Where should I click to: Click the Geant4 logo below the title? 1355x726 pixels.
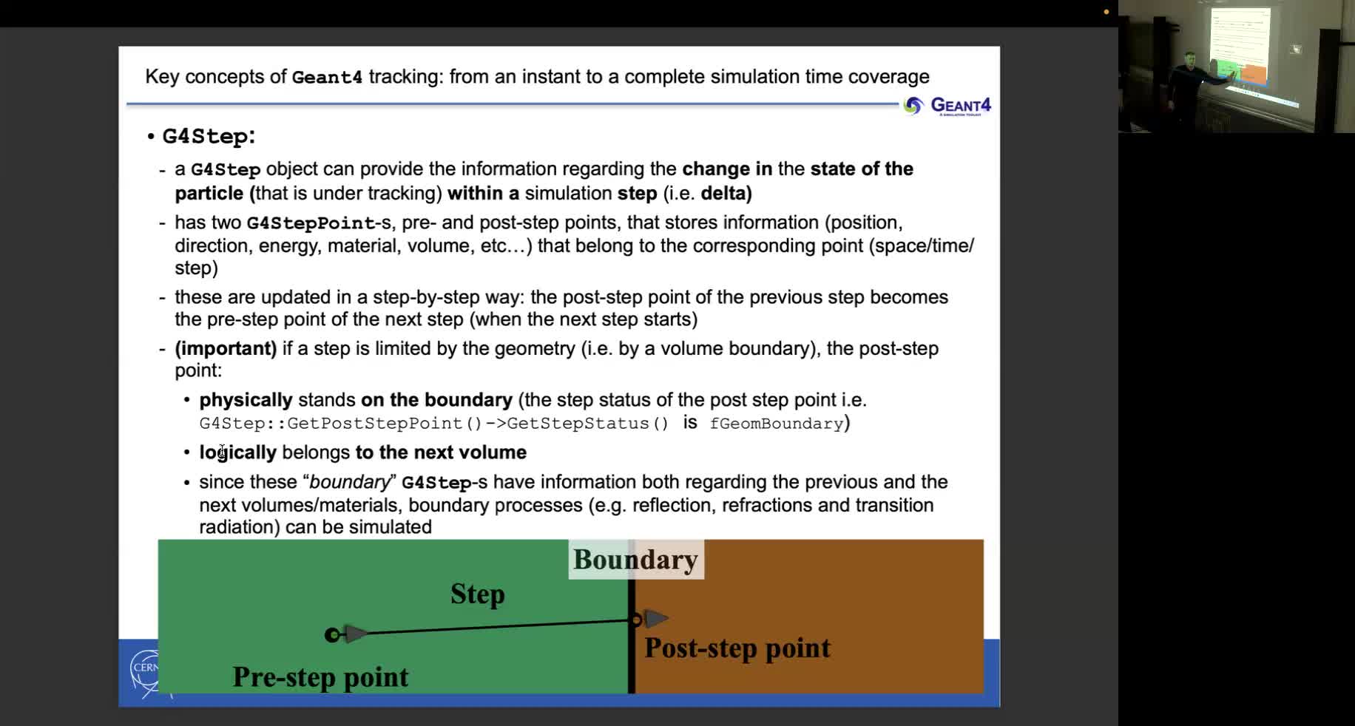click(x=947, y=106)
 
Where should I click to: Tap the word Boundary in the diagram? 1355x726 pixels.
click(x=635, y=560)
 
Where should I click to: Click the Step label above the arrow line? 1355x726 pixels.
click(x=477, y=594)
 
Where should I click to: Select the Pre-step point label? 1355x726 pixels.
click(x=320, y=676)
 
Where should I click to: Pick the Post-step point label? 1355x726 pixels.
click(x=737, y=648)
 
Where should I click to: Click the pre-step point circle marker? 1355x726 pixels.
click(x=332, y=634)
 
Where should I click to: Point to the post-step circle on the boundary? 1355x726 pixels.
click(x=635, y=620)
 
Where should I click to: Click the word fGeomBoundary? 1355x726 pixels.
click(x=776, y=424)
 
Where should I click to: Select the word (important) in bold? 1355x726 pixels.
click(x=226, y=348)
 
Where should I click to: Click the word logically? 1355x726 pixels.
click(x=237, y=452)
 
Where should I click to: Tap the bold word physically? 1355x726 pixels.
click(x=246, y=400)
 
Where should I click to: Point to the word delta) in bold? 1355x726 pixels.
click(x=726, y=194)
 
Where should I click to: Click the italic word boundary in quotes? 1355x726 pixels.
click(x=349, y=482)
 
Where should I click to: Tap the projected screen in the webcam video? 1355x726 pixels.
click(x=1240, y=44)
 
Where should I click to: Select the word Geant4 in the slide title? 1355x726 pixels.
click(x=327, y=77)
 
